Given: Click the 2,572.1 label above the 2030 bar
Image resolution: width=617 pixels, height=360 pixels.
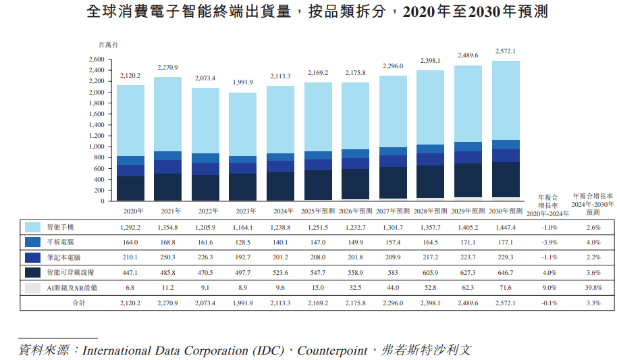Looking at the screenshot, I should tap(506, 51).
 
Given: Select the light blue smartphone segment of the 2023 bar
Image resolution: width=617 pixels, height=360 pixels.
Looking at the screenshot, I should tap(243, 124).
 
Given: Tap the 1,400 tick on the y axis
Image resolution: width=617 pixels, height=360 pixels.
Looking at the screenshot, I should tap(97, 125).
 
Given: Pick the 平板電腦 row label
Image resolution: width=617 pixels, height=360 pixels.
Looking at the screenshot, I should tap(62, 242).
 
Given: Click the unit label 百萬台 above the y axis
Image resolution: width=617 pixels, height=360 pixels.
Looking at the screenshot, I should tap(107, 45).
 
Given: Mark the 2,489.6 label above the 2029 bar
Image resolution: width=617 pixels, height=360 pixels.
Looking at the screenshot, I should tap(468, 55).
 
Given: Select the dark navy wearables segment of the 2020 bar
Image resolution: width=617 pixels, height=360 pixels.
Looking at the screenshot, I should tap(130, 188).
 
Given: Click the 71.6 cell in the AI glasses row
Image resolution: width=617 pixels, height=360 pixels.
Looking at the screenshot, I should tap(505, 288).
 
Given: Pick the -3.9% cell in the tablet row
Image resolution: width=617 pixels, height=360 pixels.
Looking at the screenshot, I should tap(548, 242).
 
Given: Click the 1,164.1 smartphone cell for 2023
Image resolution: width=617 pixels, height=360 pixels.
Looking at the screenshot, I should tap(243, 227).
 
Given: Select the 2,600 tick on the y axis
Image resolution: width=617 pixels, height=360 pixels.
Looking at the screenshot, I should tap(97, 59).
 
